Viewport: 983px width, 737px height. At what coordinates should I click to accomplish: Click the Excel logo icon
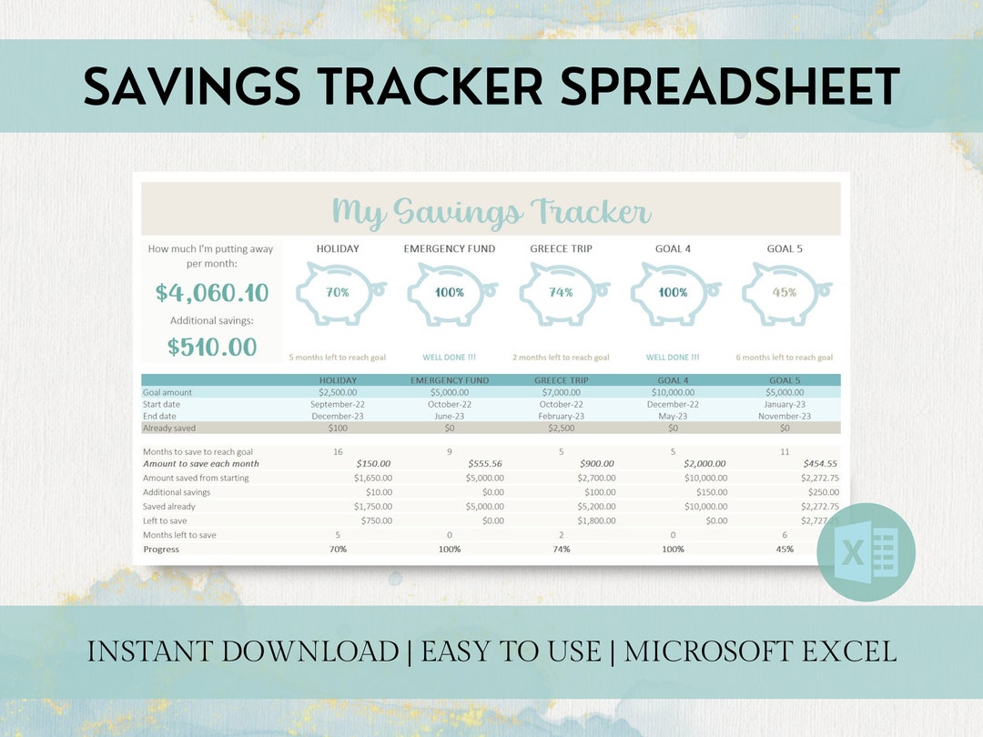(866, 552)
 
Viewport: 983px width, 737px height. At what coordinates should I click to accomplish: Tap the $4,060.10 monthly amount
(212, 293)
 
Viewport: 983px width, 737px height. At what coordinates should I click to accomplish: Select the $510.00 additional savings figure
(212, 347)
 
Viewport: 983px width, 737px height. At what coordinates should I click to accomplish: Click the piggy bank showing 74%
(562, 293)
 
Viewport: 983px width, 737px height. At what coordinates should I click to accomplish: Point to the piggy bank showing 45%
(785, 293)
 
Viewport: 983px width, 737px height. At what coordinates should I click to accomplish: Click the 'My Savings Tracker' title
(491, 212)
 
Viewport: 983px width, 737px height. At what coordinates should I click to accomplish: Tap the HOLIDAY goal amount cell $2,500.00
(339, 392)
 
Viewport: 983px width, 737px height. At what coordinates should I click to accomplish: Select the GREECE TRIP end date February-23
(561, 416)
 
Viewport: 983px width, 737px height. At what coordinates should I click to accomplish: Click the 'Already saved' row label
(169, 428)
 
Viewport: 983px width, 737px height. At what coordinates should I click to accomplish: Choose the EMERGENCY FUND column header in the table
(450, 380)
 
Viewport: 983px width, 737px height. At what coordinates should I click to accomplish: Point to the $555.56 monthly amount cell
(483, 464)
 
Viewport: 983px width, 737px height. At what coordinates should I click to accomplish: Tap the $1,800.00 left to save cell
(595, 520)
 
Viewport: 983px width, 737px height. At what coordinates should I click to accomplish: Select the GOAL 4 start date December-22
(673, 404)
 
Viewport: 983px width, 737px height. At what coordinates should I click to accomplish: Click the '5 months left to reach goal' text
(338, 358)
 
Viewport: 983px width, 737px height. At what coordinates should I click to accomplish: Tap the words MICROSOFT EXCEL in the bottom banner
(760, 651)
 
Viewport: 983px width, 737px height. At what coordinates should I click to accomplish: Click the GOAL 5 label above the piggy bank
(785, 248)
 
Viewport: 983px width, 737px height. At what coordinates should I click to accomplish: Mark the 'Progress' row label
(161, 550)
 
